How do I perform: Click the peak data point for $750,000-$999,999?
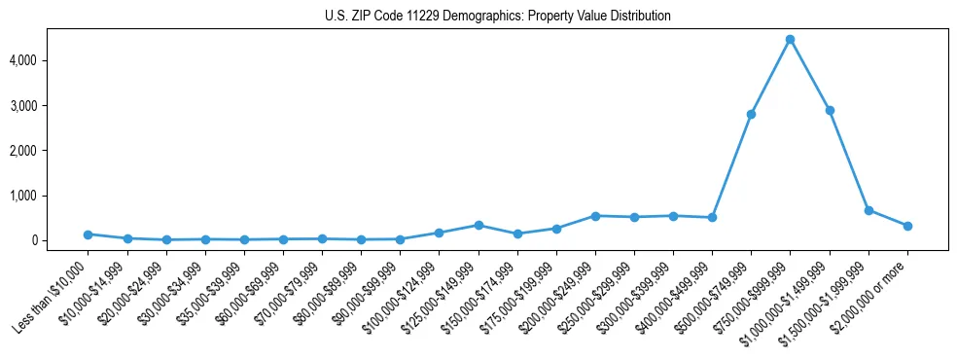pyautogui.click(x=790, y=39)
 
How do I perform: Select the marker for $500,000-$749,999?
pyautogui.click(x=751, y=114)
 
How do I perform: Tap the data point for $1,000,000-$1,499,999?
pyautogui.click(x=829, y=110)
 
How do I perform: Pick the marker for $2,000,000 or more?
pyautogui.click(x=907, y=226)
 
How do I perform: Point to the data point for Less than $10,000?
pyautogui.click(x=88, y=234)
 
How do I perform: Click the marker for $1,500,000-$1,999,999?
pyautogui.click(x=868, y=210)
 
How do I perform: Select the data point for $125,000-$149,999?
pyautogui.click(x=478, y=225)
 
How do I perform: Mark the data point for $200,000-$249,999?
pyautogui.click(x=595, y=216)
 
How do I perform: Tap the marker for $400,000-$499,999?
pyautogui.click(x=712, y=217)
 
